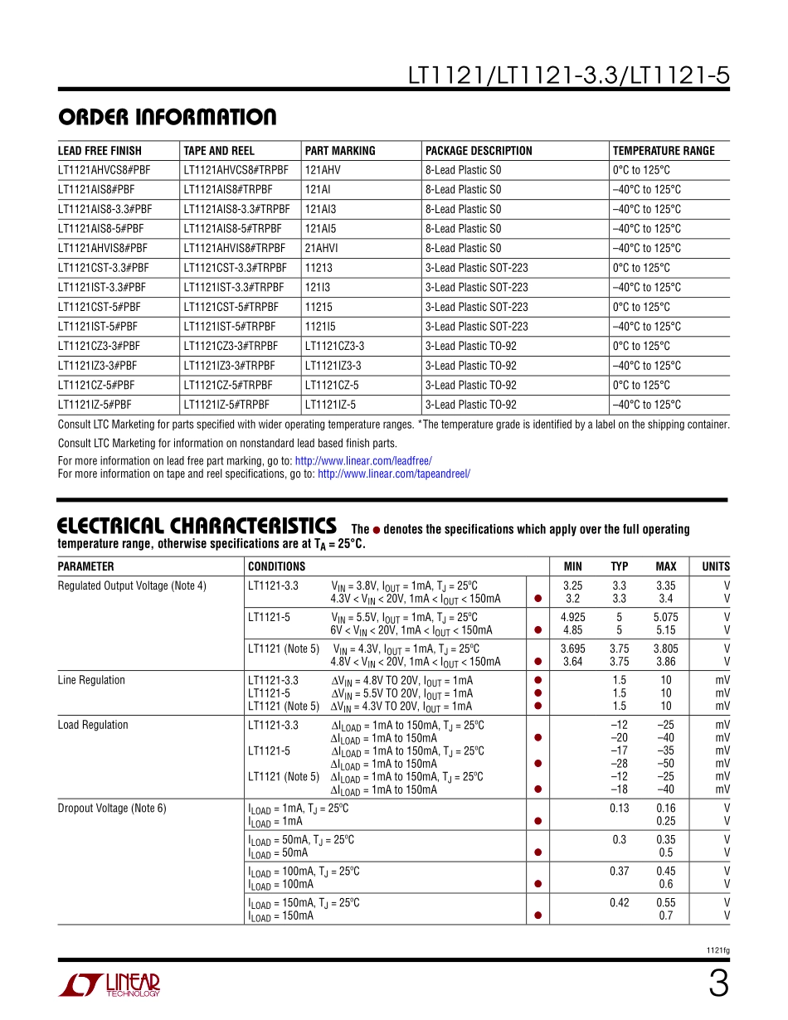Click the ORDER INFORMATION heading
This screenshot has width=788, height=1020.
[167, 117]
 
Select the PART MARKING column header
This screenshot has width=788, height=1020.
[340, 151]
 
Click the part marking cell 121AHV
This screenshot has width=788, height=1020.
[323, 170]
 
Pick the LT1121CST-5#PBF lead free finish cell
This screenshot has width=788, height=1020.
[104, 307]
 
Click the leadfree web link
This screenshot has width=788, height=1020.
[363, 461]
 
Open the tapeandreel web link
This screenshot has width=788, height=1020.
[394, 474]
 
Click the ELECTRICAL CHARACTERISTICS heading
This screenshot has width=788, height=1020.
[197, 527]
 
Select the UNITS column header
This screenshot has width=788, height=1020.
[716, 567]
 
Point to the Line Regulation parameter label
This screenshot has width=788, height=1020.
[91, 681]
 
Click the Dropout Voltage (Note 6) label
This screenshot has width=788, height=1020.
[112, 809]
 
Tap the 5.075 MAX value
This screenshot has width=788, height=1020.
[665, 618]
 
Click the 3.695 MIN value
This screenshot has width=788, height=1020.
[572, 649]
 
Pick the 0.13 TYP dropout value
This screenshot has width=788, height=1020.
[619, 809]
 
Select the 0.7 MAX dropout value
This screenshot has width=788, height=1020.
[665, 916]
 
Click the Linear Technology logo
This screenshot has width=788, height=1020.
[109, 984]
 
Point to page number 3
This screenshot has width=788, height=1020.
[718, 984]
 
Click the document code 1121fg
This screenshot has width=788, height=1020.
[718, 950]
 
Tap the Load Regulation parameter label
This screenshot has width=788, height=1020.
[93, 726]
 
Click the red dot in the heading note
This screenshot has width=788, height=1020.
[377, 530]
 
